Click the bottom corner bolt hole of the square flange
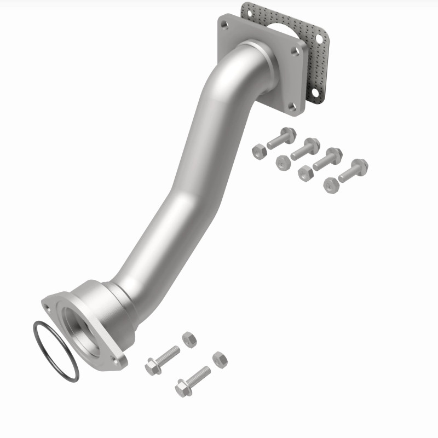tap(293, 107)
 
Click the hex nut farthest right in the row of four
tap(330, 185)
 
